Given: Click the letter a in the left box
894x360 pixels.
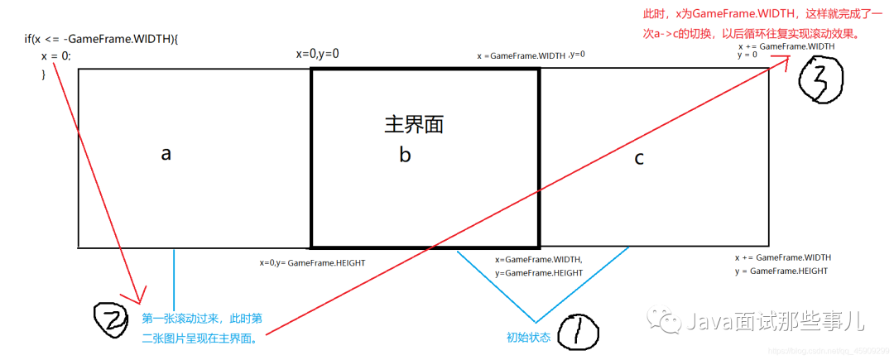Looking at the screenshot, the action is coord(166,154).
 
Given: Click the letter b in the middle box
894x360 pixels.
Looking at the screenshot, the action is coord(405,155).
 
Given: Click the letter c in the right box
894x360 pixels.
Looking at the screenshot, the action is coord(639,158).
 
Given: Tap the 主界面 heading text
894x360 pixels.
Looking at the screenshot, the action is coord(414,124).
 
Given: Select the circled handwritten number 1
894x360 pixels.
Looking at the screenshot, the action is coord(578,334).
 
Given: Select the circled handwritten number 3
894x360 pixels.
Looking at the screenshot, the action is coord(819,80).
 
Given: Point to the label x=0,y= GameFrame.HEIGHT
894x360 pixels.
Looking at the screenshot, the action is coord(312,262).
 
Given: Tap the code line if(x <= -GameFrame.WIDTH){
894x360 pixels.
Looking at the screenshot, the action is coord(102,39).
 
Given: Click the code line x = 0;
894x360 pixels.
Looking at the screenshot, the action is coord(56,56).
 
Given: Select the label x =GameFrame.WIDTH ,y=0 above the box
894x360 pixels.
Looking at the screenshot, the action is coord(531,55).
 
